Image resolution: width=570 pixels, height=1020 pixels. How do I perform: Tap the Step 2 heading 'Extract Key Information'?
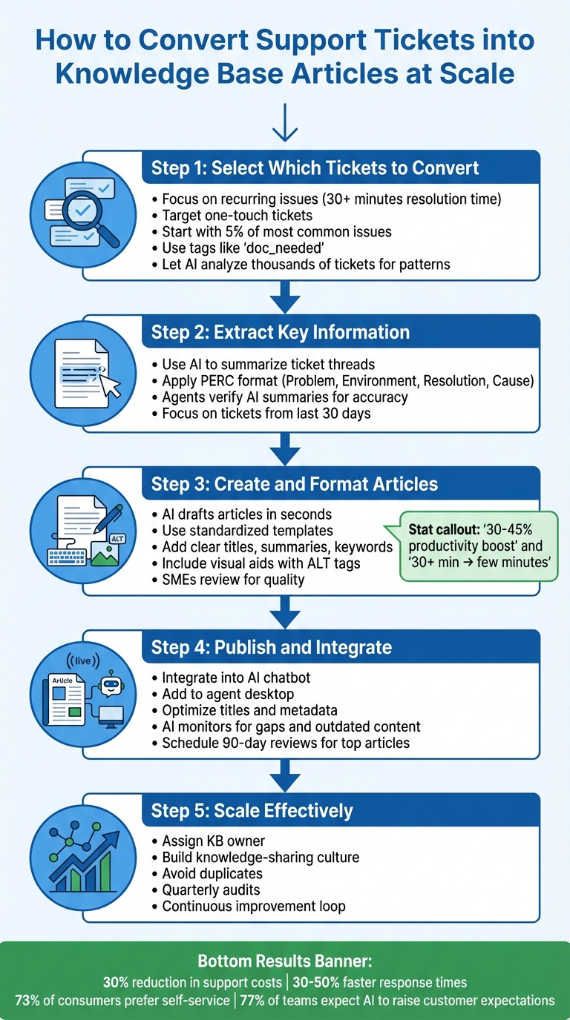280,331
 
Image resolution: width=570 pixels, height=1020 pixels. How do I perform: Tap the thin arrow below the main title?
285,123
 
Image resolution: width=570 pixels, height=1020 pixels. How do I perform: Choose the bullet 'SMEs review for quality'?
233,579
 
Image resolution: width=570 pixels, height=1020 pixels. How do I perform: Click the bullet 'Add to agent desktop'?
228,694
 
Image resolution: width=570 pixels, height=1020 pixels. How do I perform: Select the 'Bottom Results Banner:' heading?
285,961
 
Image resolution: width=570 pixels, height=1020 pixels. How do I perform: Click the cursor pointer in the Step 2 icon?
111,385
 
